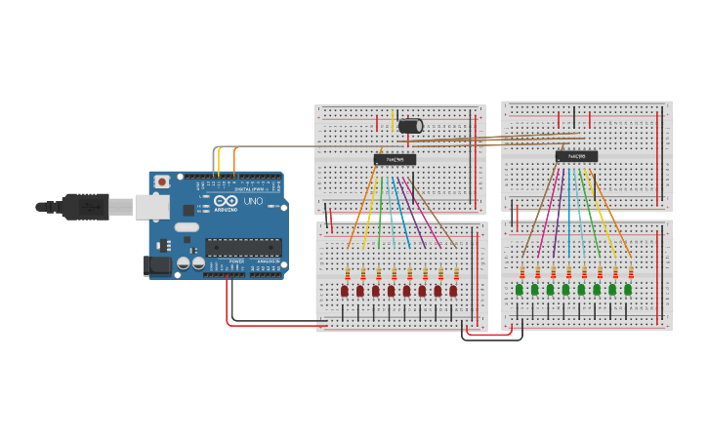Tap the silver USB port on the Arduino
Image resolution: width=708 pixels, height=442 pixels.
pos(150,206)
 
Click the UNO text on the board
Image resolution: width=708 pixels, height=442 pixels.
pos(253,201)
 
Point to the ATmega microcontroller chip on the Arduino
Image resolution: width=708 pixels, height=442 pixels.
pos(243,248)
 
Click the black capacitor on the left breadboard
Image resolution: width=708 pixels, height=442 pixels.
pos(411,126)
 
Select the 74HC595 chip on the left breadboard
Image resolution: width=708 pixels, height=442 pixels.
pos(395,159)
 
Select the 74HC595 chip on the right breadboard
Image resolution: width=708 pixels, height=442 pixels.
pos(576,156)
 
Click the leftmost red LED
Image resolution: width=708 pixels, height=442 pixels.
pos(345,291)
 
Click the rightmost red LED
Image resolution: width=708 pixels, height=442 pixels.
pos(453,291)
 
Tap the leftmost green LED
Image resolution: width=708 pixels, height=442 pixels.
pos(520,290)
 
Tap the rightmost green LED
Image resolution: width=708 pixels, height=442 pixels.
pos(628,290)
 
